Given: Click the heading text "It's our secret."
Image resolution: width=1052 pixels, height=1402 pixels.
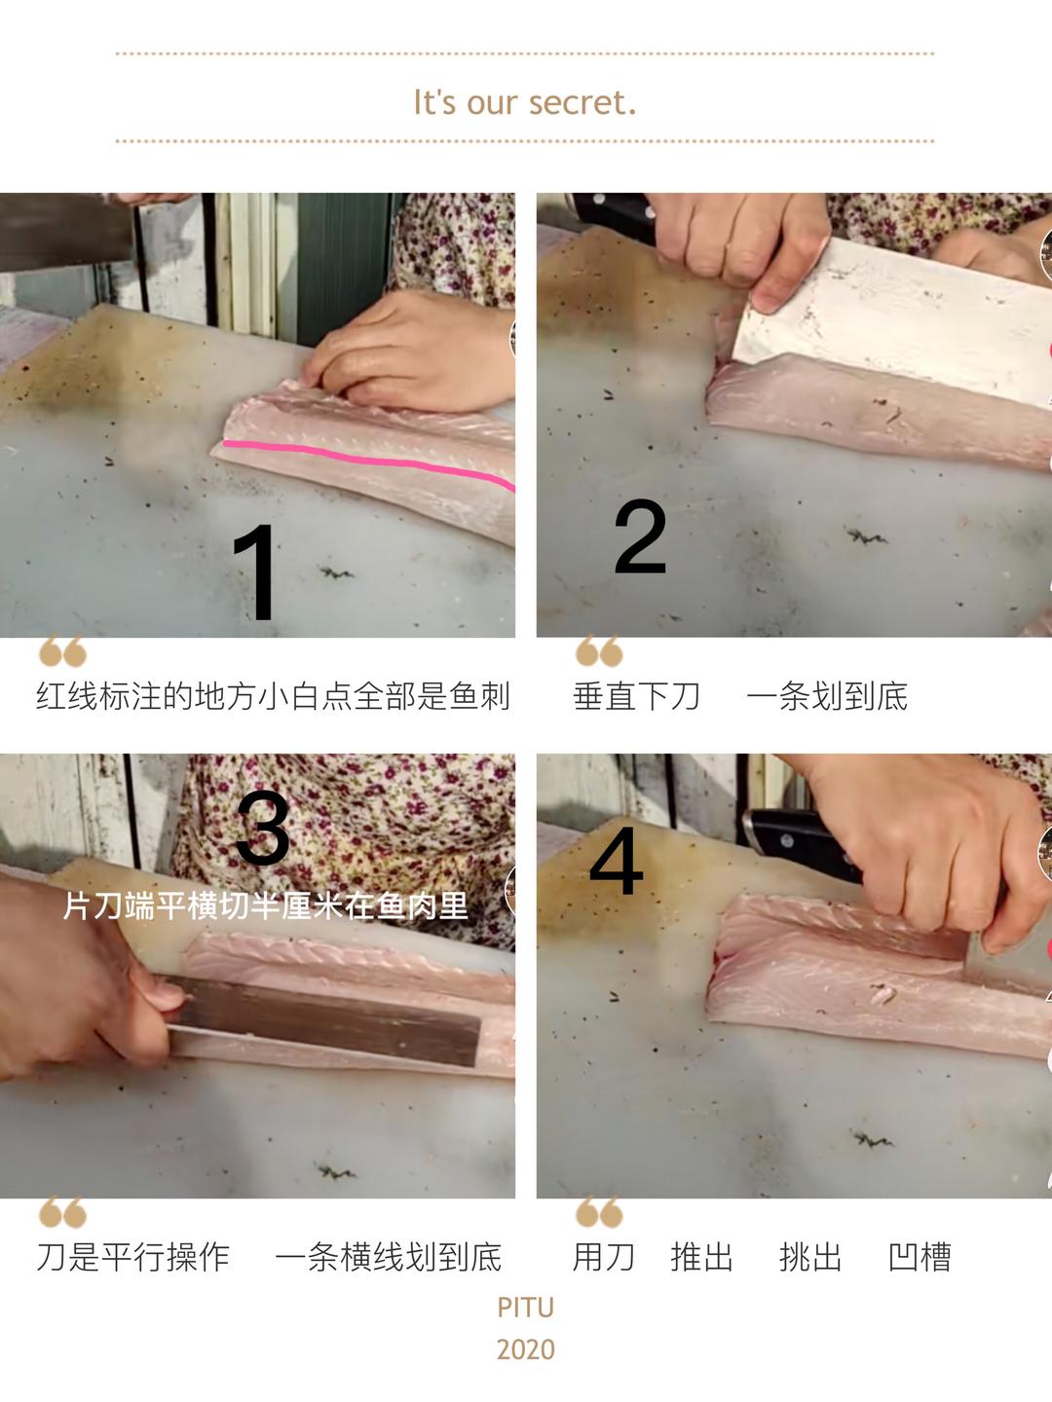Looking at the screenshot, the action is [x=525, y=103].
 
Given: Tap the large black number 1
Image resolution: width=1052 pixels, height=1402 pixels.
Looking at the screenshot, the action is [x=256, y=572].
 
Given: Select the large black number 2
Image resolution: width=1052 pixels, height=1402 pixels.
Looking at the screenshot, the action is [x=640, y=536].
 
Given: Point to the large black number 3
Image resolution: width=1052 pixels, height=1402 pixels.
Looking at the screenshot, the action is [x=263, y=828].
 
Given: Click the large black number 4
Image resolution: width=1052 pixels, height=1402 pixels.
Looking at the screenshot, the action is [x=616, y=862].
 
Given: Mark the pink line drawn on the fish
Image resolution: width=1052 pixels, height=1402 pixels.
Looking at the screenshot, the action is [x=368, y=461].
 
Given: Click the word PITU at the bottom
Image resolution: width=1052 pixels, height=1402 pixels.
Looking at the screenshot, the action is [x=526, y=1308].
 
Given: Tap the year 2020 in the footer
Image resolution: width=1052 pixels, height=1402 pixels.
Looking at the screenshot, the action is [x=526, y=1349].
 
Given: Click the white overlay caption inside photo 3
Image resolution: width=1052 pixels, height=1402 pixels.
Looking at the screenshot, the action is [x=266, y=905].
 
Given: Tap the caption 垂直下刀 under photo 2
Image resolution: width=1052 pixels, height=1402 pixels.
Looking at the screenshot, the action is [x=636, y=696].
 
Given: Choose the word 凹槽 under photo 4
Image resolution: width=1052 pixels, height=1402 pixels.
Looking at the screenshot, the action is [x=920, y=1257].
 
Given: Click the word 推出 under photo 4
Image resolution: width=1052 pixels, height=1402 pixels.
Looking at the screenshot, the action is [x=701, y=1257].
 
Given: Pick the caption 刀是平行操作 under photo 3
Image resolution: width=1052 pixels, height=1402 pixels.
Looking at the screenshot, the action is [x=132, y=1257].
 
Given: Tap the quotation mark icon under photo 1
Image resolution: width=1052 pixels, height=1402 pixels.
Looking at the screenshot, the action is [x=62, y=651].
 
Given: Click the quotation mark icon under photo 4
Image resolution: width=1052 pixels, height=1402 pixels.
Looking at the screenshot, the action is [x=599, y=1212].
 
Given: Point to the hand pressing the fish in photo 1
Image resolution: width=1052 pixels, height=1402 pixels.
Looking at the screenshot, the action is [x=409, y=351].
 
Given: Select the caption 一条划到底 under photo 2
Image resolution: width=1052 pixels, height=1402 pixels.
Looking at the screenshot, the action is [x=827, y=696].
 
